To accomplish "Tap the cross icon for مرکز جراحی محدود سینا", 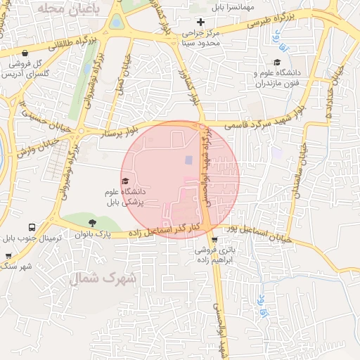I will pos(201,22).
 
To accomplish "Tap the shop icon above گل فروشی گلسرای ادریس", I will pos(25,53).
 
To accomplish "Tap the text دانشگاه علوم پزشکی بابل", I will pos(123,196).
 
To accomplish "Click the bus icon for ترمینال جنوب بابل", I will pos(32,228).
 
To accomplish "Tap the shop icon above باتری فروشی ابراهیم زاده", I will pos(214,240).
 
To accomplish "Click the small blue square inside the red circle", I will pos(188,161).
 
